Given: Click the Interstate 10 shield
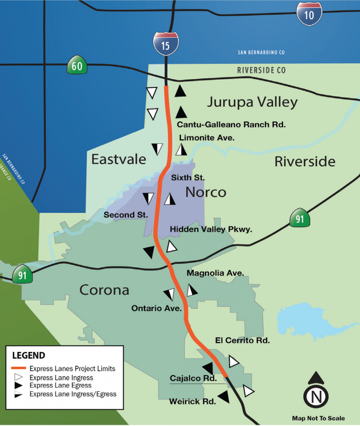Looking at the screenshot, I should click(309, 14).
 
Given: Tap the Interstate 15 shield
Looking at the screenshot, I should click(166, 44).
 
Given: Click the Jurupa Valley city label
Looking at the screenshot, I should click(252, 102).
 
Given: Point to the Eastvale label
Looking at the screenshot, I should click(119, 159).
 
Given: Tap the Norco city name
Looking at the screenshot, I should click(206, 192).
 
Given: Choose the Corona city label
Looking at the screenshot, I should click(104, 290).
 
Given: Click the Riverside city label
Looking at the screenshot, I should click(305, 161).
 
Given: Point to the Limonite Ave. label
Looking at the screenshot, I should click(207, 138).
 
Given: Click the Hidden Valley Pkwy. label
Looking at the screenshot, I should click(211, 229).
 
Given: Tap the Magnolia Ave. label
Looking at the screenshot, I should click(215, 273).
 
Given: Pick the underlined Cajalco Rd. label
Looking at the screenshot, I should click(193, 379).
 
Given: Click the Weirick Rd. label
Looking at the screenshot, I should click(192, 402).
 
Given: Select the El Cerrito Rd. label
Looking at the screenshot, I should click(243, 340).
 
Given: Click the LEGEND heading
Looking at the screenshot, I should click(29, 356).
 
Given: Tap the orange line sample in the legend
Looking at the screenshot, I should click(19, 369).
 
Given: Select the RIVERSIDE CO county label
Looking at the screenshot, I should click(261, 70).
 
